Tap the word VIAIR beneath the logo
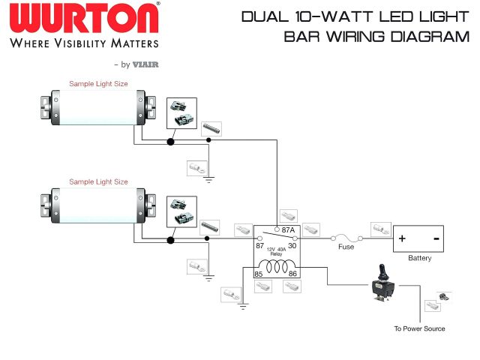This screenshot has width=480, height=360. (x=147, y=64)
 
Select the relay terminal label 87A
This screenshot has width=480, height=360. (x=286, y=231)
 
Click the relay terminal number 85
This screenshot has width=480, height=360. (x=259, y=274)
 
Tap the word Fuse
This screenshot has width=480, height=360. (x=346, y=247)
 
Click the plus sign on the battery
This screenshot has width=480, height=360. (x=403, y=239)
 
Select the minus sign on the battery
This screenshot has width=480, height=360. (x=436, y=238)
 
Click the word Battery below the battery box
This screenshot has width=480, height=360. (x=419, y=258)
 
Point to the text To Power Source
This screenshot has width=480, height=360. (x=419, y=328)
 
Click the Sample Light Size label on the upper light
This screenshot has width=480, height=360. (x=98, y=84)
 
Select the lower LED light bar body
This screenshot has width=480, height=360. (x=97, y=207)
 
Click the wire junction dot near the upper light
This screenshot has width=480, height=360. (x=171, y=142)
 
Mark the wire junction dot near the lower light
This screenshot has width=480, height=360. (x=172, y=240)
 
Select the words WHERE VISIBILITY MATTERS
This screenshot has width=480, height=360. (x=84, y=43)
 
